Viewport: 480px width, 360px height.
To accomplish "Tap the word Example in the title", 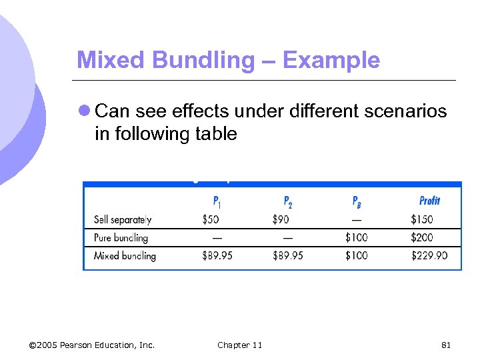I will [331, 61].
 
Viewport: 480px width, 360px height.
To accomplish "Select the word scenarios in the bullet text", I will [403, 111].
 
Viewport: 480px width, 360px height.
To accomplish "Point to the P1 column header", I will [218, 201].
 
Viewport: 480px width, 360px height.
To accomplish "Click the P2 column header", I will [288, 201].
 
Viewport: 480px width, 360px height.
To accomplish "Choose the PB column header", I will [357, 201].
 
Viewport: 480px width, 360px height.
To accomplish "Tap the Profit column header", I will [429, 201].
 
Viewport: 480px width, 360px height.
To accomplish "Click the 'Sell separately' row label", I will [123, 219].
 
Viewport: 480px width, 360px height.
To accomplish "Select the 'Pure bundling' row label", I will [121, 237].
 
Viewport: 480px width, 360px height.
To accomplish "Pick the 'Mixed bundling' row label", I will [125, 255].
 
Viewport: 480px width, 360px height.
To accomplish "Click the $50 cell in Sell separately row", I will [211, 219].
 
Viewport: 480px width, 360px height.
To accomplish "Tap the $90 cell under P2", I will [281, 219].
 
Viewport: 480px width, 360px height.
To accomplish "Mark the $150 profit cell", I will [421, 219].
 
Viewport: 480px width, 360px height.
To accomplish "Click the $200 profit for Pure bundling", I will [422, 237].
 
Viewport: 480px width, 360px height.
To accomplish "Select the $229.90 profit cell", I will [429, 255].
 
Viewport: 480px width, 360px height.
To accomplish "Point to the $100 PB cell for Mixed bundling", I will [356, 255].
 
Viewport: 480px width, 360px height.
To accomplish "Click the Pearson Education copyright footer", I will [92, 345].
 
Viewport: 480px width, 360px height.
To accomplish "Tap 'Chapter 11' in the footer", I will [239, 345].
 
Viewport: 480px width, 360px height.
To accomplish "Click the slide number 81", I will [447, 345].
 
